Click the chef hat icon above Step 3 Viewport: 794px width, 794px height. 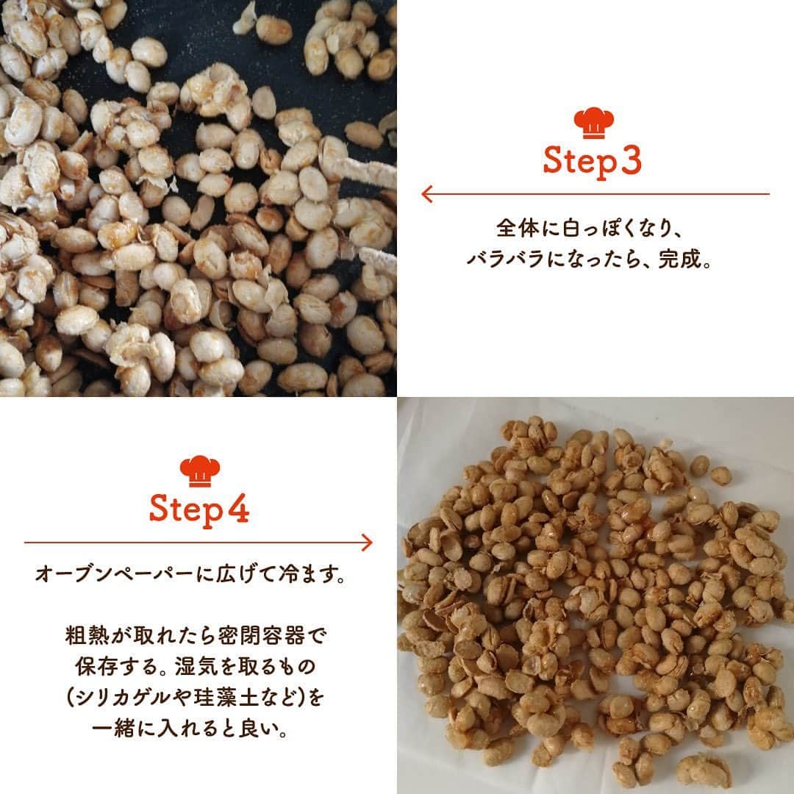pyautogui.click(x=593, y=123)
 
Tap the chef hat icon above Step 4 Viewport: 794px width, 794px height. pyautogui.click(x=200, y=471)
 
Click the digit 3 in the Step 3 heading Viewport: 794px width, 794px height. pyautogui.click(x=631, y=160)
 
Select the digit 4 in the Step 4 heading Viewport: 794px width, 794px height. pyautogui.click(x=237, y=509)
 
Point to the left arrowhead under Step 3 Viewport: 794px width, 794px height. pyautogui.click(x=427, y=193)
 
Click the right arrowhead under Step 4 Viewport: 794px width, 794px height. pyautogui.click(x=367, y=543)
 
